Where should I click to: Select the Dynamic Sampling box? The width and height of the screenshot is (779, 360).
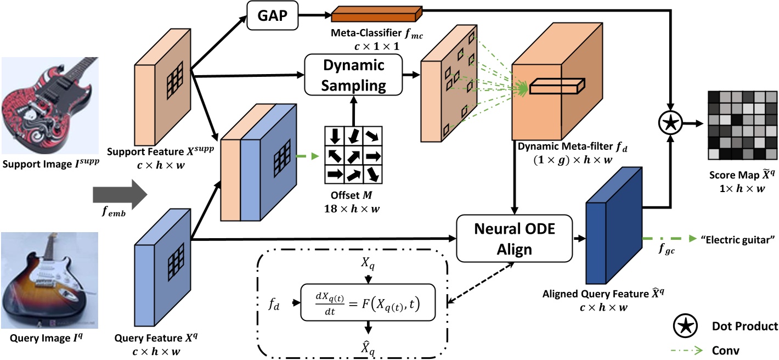(x=353, y=75)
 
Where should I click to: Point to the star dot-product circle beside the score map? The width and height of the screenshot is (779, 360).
(x=669, y=125)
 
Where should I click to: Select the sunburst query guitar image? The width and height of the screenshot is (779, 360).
(x=49, y=279)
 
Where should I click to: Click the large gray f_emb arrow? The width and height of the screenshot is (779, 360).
(x=120, y=195)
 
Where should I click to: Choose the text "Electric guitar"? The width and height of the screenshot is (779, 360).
(x=738, y=239)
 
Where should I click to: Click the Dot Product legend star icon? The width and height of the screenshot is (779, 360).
(x=686, y=327)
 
